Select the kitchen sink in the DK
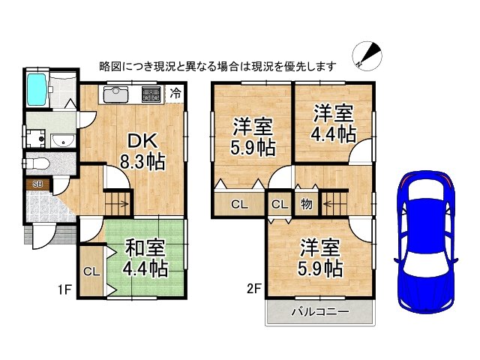pyautogui.click(x=116, y=94)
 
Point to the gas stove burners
pyautogui.click(x=151, y=94)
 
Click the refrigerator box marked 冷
pyautogui.click(x=175, y=94)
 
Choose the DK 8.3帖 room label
pyautogui.click(x=142, y=150)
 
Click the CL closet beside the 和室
pyautogui.click(x=90, y=271)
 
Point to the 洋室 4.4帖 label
pyautogui.click(x=333, y=124)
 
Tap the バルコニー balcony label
pyautogui.click(x=319, y=313)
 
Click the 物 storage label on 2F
pyautogui.click(x=307, y=203)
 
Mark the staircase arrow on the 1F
pyautogui.click(x=121, y=203)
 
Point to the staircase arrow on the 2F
pyautogui.click(x=329, y=203)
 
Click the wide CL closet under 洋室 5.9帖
pyautogui.click(x=238, y=204)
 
